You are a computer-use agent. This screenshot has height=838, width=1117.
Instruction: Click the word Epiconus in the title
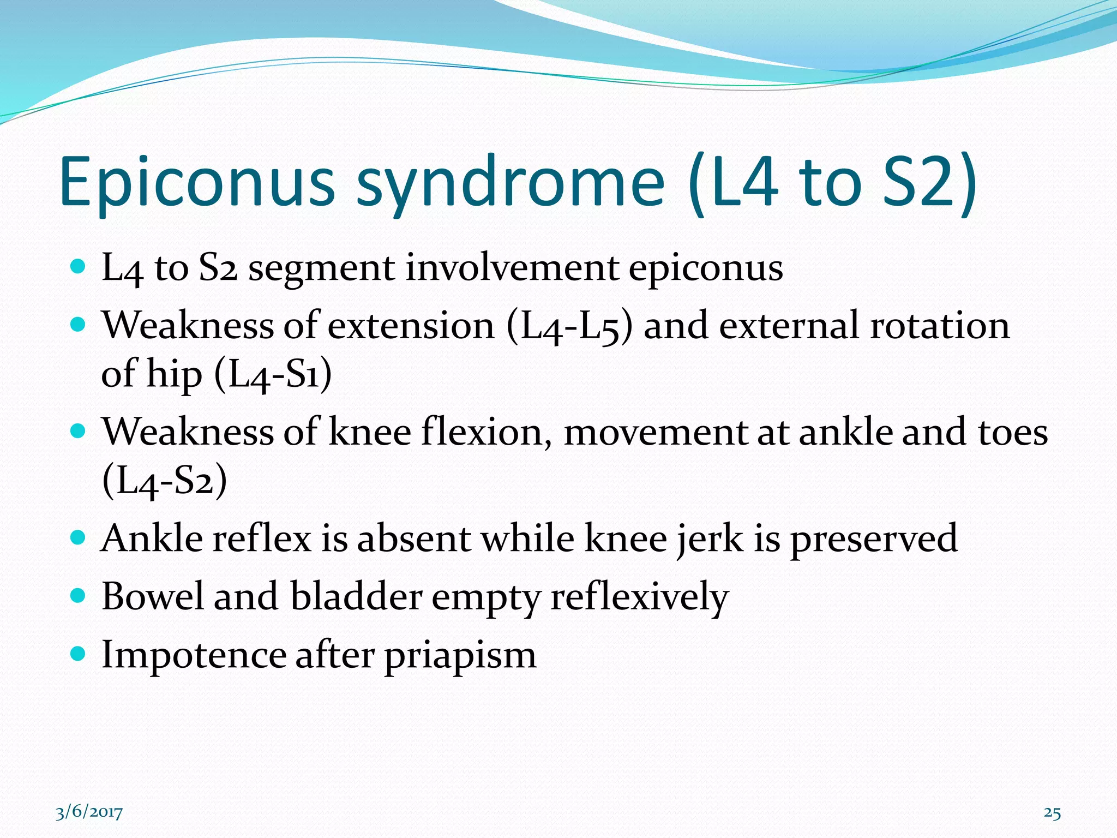click(196, 183)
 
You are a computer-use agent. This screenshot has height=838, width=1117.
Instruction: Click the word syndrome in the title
click(510, 183)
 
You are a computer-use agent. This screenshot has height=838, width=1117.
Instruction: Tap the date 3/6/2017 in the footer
click(89, 812)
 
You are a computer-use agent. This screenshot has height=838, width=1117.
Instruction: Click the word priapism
click(460, 655)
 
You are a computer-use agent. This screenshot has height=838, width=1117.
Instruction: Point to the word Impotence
click(194, 655)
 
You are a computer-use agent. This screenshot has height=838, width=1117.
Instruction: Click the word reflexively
click(639, 597)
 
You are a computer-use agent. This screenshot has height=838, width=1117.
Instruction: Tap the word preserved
click(874, 539)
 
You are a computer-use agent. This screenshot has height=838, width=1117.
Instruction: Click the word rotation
click(939, 326)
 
